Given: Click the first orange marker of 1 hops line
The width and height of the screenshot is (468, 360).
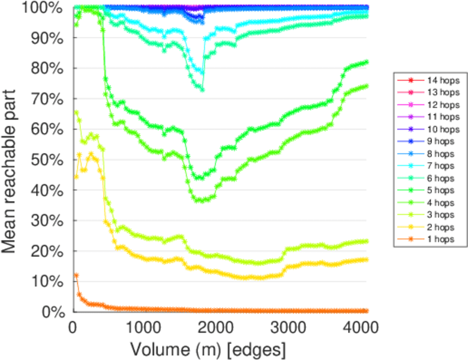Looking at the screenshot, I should tap(76, 275).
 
